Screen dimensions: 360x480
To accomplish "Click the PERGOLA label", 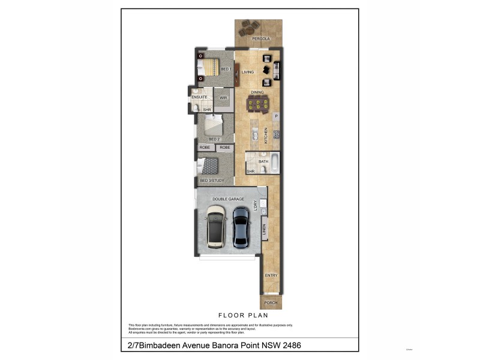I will [261, 38].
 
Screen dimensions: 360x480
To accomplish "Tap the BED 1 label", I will [226, 70].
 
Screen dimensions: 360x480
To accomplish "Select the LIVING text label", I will [248, 72].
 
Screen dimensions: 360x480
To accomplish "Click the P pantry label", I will [277, 116].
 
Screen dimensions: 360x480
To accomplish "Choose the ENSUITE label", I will [200, 97].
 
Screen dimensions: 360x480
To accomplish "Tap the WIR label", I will [223, 97].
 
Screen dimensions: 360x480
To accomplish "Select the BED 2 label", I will [214, 139].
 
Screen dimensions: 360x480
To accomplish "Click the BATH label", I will [263, 161].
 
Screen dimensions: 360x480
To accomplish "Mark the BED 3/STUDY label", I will [212, 181].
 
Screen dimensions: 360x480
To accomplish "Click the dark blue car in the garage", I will [241, 227].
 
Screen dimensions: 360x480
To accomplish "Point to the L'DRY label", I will [255, 206].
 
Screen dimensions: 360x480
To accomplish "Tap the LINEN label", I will [265, 229].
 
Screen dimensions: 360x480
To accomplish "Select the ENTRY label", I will [271, 275].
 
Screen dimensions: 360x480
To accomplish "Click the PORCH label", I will [271, 303].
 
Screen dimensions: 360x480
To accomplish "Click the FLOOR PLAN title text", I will [242, 314].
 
